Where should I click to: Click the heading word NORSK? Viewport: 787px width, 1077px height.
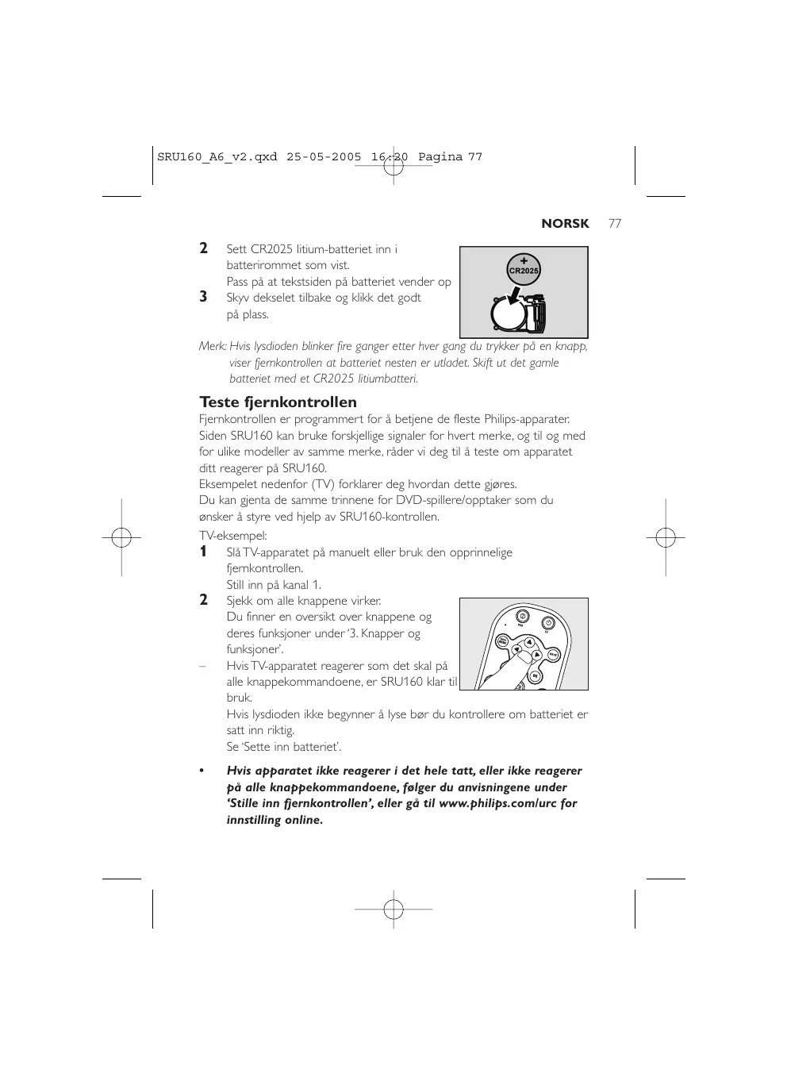tap(565, 224)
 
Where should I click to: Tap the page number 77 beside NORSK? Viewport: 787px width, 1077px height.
tap(615, 224)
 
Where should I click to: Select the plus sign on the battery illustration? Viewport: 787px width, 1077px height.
tap(524, 260)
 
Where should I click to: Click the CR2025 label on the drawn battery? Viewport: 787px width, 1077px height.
tap(524, 271)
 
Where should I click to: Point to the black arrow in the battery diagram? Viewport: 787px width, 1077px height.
tap(513, 298)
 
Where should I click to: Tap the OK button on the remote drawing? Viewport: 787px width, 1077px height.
tap(535, 675)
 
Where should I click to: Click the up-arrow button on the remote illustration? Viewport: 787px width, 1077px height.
tap(529, 643)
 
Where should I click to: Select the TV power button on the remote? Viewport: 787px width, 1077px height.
tap(548, 623)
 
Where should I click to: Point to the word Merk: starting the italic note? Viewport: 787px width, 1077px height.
tap(213, 347)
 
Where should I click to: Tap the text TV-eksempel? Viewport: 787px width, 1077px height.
tap(232, 536)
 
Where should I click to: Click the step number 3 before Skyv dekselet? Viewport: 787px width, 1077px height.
tap(204, 297)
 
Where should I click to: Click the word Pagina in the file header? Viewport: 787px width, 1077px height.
tap(440, 157)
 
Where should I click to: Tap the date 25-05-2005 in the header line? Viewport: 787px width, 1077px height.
tap(323, 157)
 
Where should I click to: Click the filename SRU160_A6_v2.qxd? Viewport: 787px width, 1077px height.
tap(217, 157)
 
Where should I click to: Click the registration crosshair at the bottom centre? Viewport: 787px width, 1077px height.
tap(393, 908)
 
